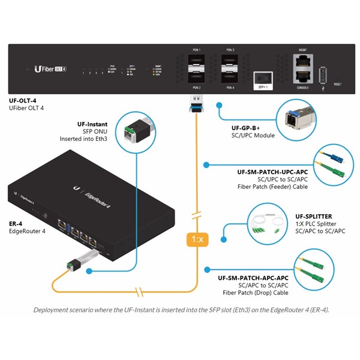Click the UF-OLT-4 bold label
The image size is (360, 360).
tap(23, 100)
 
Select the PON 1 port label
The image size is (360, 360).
tap(196, 50)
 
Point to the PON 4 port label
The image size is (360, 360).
tap(230, 88)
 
